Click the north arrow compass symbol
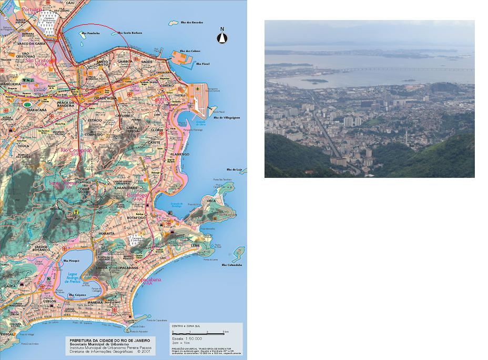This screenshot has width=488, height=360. (222, 36)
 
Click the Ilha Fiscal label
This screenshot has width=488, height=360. (203, 64)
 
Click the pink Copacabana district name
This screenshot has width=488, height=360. (148, 279)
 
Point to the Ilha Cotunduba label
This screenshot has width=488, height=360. (231, 265)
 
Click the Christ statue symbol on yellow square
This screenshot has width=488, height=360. (76, 212)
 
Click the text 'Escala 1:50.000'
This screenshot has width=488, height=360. (188, 338)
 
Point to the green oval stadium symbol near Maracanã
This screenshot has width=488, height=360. (27, 104)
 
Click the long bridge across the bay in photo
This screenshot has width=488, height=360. (410, 69)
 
